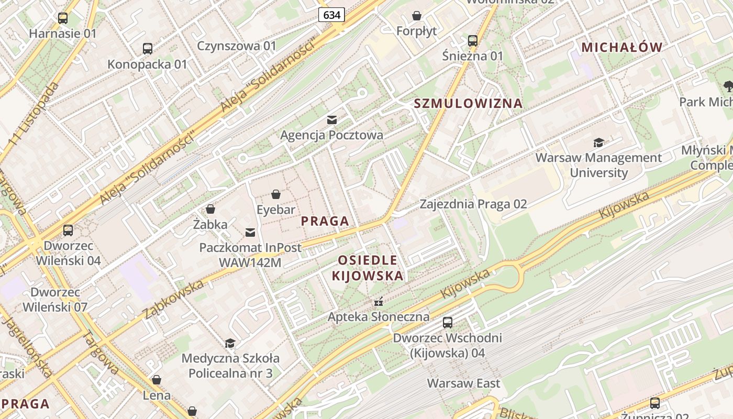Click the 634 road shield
tap(331, 15)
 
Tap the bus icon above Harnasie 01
tap(63, 18)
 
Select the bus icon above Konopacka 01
tap(148, 49)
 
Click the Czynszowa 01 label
tap(236, 46)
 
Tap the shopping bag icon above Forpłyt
tap(417, 16)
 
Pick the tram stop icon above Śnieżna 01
tap(473, 40)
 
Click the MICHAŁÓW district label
tap(622, 47)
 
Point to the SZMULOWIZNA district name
tap(468, 103)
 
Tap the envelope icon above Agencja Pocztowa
tap(332, 120)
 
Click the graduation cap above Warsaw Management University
tap(598, 142)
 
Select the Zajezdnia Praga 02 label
tap(473, 204)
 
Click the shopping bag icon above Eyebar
tap(276, 195)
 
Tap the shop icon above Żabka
tap(210, 210)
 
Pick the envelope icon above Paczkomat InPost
tap(250, 232)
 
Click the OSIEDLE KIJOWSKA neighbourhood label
tap(368, 268)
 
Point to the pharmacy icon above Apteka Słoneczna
tap(379, 302)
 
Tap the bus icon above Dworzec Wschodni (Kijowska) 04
tap(448, 323)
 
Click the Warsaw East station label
tap(463, 383)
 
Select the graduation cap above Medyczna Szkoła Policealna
tap(230, 344)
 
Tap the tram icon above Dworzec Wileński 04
tap(68, 230)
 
